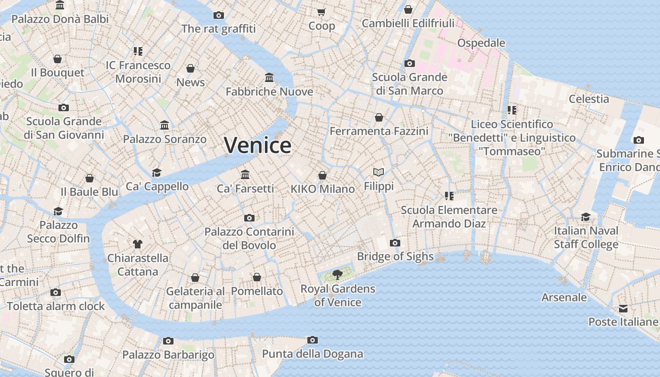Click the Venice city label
pyautogui.click(x=257, y=145)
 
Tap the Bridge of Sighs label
pyautogui.click(x=395, y=256)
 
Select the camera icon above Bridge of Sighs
pyautogui.click(x=395, y=243)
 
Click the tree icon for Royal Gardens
pyautogui.click(x=337, y=274)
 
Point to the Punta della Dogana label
pyautogui.click(x=312, y=353)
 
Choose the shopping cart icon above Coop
pyautogui.click(x=322, y=12)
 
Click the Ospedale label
pyautogui.click(x=481, y=43)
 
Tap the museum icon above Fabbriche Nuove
pyautogui.click(x=269, y=77)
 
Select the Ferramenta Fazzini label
pyautogui.click(x=379, y=131)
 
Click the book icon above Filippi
pyautogui.click(x=379, y=172)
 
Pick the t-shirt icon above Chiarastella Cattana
pyautogui.click(x=137, y=244)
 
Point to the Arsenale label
pyautogui.click(x=564, y=297)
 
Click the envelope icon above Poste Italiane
pyautogui.click(x=623, y=309)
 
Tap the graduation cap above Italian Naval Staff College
pyautogui.click(x=586, y=217)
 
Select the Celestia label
pyautogui.click(x=589, y=99)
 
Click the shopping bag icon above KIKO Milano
pyautogui.click(x=322, y=175)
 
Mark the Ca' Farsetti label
pyautogui.click(x=245, y=188)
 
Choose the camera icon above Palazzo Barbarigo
pyautogui.click(x=168, y=341)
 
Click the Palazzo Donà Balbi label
pyautogui.click(x=60, y=19)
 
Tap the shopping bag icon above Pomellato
pyautogui.click(x=257, y=277)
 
